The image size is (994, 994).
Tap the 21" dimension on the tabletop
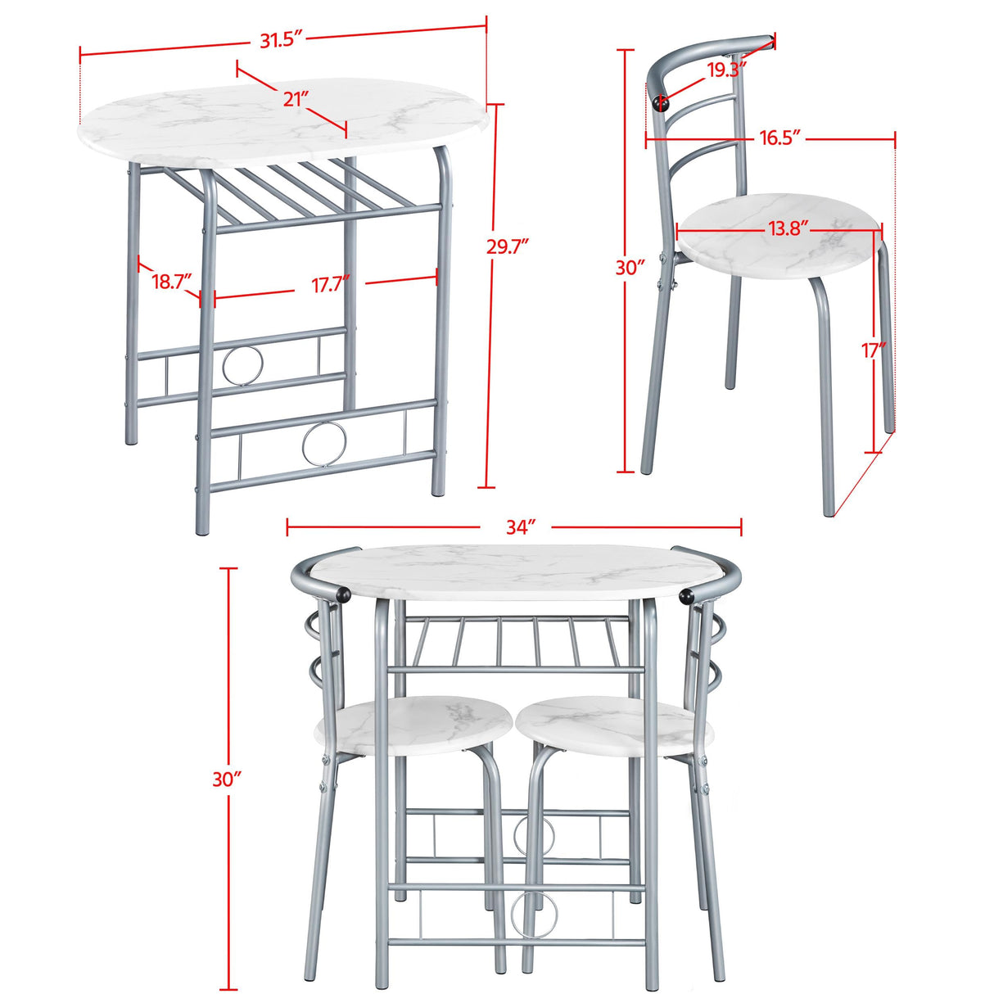coord(296,99)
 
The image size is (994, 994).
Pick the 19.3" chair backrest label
coord(725,70)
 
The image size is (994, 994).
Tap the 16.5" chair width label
coord(778,138)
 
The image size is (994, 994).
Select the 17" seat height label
coord(874,350)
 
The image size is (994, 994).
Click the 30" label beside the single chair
coord(630,268)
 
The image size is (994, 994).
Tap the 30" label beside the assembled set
coord(227,779)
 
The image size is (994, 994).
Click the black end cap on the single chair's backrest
coord(660,102)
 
